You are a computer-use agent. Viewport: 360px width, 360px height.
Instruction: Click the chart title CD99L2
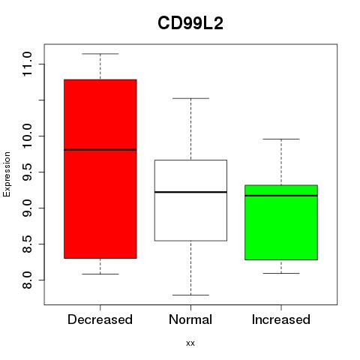[x=190, y=23]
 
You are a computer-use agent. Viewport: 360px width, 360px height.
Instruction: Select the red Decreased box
[x=100, y=169]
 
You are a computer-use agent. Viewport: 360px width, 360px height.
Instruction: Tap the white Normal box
[x=190, y=200]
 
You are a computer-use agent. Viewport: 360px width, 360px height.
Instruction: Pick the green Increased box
[x=281, y=223]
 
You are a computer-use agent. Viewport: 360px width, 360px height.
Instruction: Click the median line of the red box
[x=100, y=150]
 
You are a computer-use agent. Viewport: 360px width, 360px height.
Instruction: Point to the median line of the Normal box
[x=190, y=192]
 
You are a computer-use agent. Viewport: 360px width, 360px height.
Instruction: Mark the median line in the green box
[x=281, y=196]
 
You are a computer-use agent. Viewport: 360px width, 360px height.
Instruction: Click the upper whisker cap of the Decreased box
[x=100, y=54]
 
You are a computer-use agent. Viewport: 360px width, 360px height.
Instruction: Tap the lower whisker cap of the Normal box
[x=190, y=295]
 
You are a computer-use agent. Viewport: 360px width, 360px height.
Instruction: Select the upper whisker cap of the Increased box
[x=281, y=139]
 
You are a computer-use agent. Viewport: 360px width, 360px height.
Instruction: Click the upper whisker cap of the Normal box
[x=190, y=98]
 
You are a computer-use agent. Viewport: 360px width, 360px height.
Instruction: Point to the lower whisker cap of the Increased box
[x=281, y=273]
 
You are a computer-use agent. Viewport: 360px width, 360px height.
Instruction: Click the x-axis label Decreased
[x=100, y=319]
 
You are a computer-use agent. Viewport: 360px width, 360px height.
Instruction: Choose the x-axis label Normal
[x=190, y=319]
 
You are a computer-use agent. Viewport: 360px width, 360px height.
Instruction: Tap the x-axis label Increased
[x=281, y=319]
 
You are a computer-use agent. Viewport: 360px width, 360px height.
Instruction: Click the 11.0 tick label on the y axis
[x=27, y=64]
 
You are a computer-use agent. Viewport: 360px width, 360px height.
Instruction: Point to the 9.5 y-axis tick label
[x=27, y=172]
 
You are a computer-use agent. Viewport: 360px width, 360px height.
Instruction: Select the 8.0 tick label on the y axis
[x=27, y=280]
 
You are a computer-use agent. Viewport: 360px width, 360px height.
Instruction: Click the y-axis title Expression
[x=7, y=174]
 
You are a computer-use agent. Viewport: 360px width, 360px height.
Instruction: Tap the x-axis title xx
[x=190, y=343]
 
